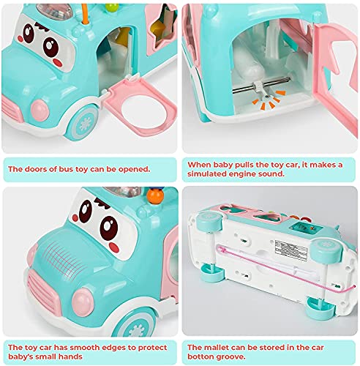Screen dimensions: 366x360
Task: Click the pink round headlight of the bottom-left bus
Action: coord(83,300)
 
